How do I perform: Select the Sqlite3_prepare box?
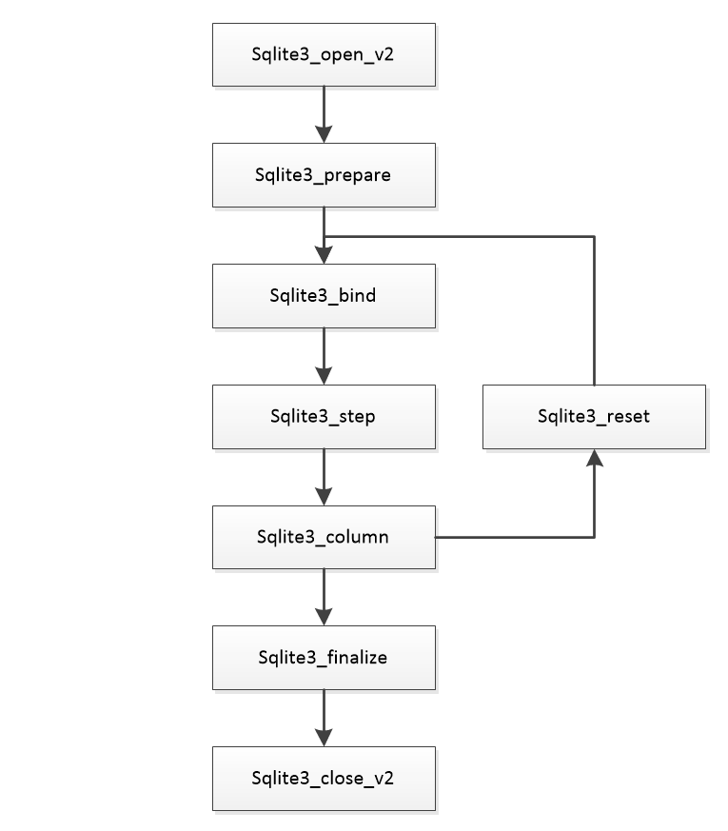coord(324,175)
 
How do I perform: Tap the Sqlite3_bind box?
coord(324,296)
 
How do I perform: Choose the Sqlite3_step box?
coord(324,417)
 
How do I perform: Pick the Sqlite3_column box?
coord(324,537)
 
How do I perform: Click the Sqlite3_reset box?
coord(594,417)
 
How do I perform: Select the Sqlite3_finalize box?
coord(324,658)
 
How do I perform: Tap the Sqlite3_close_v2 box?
coord(324,779)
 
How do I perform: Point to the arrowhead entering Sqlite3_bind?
coord(324,255)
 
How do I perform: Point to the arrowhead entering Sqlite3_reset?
coord(594,460)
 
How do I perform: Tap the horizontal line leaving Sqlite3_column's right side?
coord(514,538)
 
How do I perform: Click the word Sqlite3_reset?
coord(594,417)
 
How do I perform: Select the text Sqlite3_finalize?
coord(324,658)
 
